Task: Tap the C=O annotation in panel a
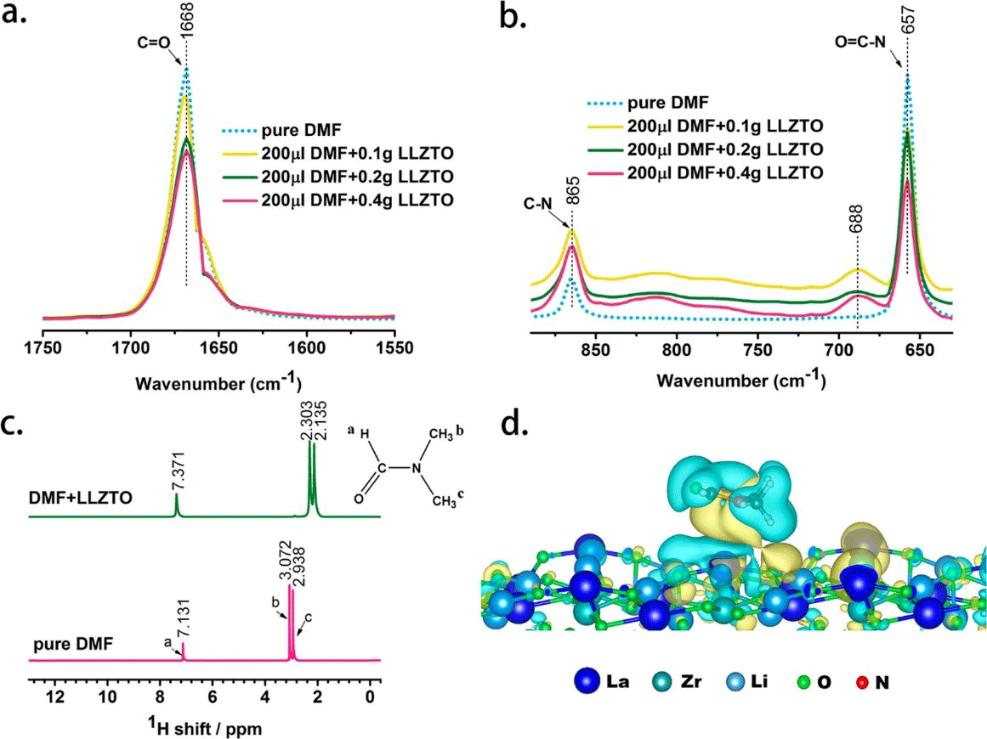coord(150,38)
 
